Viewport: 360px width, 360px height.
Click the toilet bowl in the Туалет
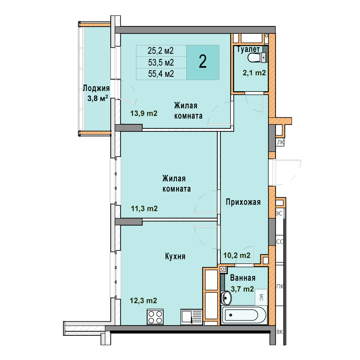click(x=257, y=57)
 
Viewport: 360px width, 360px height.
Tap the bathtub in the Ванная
click(x=244, y=315)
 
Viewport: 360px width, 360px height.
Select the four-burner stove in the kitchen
click(x=155, y=317)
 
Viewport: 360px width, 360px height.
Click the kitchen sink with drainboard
click(x=191, y=317)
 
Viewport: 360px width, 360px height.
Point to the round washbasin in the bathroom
click(x=226, y=298)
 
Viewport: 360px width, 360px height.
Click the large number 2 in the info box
click(x=203, y=62)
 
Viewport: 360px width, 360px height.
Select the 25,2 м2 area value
click(x=161, y=51)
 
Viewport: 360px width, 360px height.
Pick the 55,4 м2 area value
click(x=161, y=74)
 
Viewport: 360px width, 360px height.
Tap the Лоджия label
click(x=96, y=88)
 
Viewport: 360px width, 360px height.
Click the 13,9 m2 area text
click(x=144, y=113)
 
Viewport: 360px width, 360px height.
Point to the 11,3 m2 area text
click(x=144, y=208)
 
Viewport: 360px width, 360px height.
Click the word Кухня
click(x=175, y=256)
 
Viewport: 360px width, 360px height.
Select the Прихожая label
click(x=243, y=202)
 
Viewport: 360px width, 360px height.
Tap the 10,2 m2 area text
click(x=237, y=255)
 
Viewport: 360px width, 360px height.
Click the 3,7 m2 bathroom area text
click(x=242, y=289)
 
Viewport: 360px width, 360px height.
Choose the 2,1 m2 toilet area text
click(x=254, y=73)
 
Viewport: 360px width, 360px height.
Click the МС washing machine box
click(x=261, y=297)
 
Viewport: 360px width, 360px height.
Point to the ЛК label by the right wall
click(x=280, y=142)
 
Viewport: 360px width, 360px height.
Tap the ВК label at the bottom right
click(x=280, y=332)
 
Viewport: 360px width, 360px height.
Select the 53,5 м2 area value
click(x=161, y=62)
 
